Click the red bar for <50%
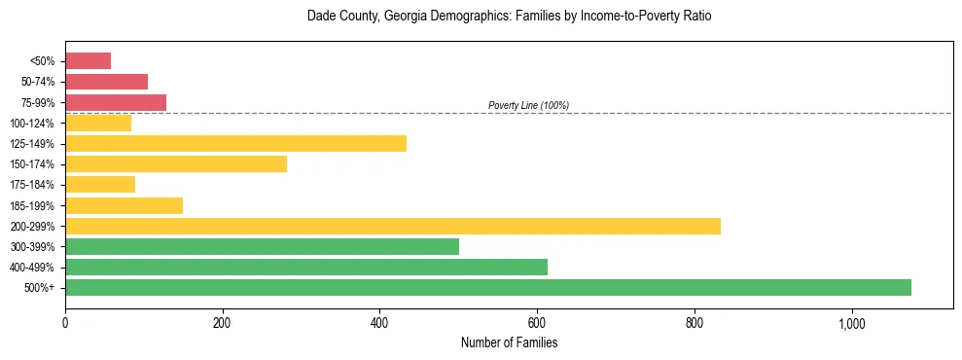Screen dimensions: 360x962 point(88,61)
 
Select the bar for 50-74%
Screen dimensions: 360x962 point(106,82)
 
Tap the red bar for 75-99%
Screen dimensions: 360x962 point(116,102)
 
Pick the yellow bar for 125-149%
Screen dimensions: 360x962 point(235,143)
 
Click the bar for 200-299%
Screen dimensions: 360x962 point(393,226)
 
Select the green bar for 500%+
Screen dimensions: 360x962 point(488,287)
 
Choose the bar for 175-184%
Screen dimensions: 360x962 point(100,185)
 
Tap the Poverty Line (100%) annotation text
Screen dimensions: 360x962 point(528,105)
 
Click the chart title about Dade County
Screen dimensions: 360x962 point(510,17)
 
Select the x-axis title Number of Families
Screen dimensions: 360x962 point(509,342)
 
